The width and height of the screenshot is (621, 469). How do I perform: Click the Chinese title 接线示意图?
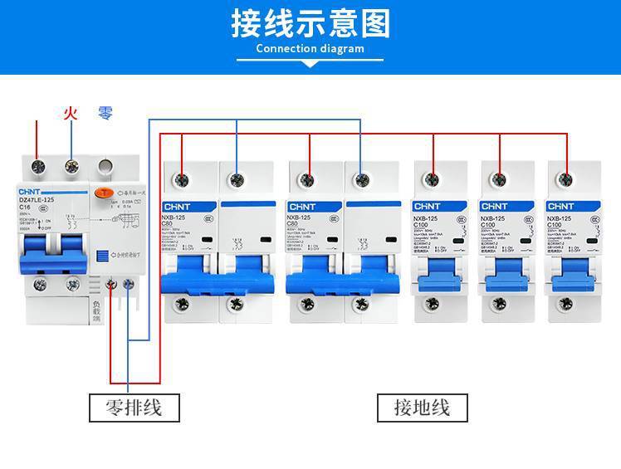(310, 24)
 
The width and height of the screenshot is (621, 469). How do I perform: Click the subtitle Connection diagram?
(310, 49)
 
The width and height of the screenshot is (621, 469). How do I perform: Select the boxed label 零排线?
(134, 408)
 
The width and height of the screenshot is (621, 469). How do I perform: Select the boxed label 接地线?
(421, 408)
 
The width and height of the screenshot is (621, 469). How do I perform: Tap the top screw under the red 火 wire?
(37, 167)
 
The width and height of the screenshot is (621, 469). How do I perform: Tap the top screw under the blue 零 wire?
(72, 167)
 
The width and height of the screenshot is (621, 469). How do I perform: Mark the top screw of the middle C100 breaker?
(500, 178)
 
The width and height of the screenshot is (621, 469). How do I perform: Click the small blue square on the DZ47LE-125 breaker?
(103, 257)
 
